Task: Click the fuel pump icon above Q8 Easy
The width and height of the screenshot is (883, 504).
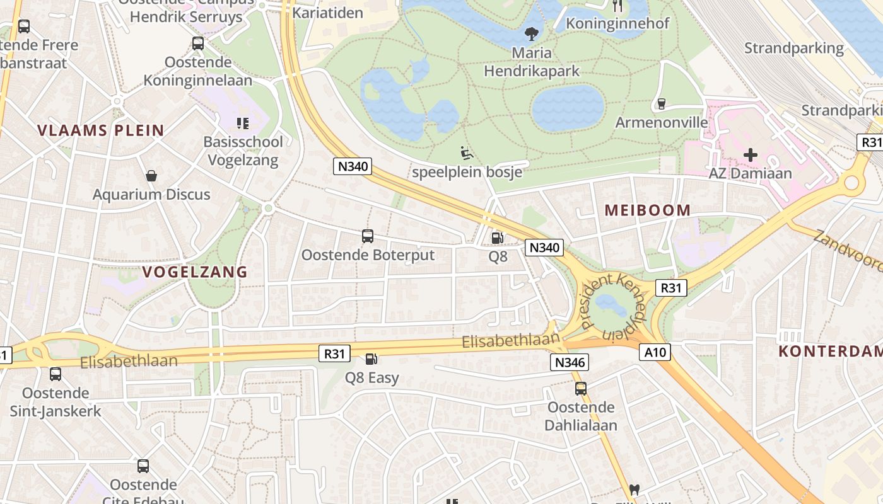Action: tap(371, 359)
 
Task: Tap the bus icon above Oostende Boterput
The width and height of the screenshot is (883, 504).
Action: tap(368, 236)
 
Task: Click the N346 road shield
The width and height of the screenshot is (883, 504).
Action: tap(570, 362)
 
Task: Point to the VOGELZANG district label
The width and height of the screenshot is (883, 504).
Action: tap(195, 272)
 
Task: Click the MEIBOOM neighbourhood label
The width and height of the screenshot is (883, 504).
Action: tap(648, 210)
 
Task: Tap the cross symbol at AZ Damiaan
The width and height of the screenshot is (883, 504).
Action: tap(751, 154)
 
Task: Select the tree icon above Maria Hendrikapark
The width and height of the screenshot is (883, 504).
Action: tap(532, 33)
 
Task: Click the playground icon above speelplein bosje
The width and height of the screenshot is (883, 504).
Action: tap(466, 153)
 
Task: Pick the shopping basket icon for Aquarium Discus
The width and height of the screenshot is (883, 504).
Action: tap(151, 176)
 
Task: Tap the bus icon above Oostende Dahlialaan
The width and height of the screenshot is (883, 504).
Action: tap(581, 389)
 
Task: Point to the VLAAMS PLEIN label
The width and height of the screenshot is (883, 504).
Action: tap(101, 131)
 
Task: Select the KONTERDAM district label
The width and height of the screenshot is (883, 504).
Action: tap(830, 352)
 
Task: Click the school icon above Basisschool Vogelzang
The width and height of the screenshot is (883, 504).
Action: tap(243, 123)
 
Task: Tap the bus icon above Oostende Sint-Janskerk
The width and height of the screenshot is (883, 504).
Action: tap(56, 374)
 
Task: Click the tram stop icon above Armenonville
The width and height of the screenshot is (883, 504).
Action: tap(661, 103)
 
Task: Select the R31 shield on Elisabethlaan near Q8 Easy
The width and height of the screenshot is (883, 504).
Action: tap(334, 354)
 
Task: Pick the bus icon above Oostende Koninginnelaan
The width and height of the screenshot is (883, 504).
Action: tap(198, 43)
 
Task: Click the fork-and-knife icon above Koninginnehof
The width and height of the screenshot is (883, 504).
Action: tap(617, 6)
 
